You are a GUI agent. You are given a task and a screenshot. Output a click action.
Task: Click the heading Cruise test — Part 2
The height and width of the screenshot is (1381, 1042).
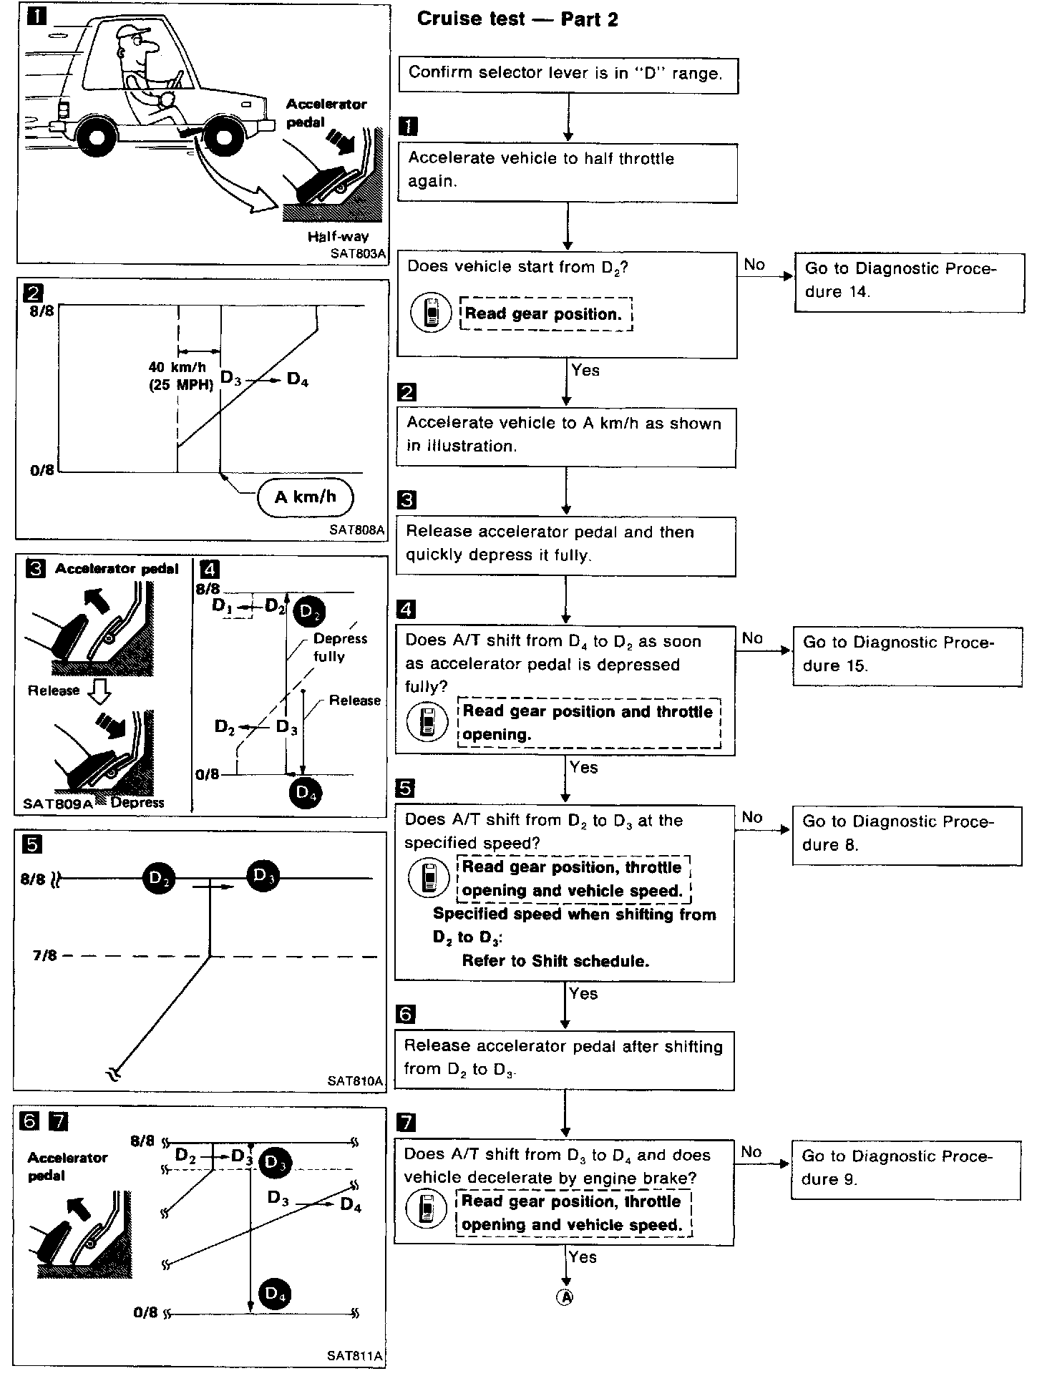pyautogui.click(x=517, y=19)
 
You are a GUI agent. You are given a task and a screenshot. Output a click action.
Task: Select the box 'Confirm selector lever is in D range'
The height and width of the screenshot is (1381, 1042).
pyautogui.click(x=568, y=74)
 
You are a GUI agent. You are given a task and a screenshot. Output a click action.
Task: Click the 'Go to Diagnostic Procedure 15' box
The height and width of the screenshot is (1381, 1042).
pyautogui.click(x=907, y=655)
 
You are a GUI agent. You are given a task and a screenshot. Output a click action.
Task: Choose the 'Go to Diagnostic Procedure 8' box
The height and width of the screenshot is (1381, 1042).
pyautogui.click(x=907, y=834)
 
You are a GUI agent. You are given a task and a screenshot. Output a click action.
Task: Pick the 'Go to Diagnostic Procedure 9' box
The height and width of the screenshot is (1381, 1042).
pyautogui.click(x=905, y=1168)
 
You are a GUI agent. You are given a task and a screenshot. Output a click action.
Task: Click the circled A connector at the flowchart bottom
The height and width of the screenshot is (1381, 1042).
pyautogui.click(x=565, y=1297)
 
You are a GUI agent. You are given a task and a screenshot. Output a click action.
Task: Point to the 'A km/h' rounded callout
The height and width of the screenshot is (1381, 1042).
pyautogui.click(x=306, y=497)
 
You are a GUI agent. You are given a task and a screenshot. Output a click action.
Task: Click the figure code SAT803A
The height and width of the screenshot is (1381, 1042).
pyautogui.click(x=358, y=253)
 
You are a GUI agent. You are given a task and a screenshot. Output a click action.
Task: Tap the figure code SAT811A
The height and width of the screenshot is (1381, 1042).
pyautogui.click(x=355, y=1356)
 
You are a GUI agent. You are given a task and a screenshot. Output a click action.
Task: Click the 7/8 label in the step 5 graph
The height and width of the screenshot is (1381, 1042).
pyautogui.click(x=44, y=955)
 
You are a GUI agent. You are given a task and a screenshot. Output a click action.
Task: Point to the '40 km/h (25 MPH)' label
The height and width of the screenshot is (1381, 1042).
pyautogui.click(x=181, y=376)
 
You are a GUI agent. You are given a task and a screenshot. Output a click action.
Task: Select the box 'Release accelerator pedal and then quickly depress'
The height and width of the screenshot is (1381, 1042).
pyautogui.click(x=565, y=544)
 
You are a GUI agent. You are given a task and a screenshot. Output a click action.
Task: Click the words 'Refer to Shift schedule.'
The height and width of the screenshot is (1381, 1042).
pyautogui.click(x=555, y=961)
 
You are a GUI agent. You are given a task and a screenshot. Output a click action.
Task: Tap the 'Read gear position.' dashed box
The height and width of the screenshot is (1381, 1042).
pyautogui.click(x=546, y=314)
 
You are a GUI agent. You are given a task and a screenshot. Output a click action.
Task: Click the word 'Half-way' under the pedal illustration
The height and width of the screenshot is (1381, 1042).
pyautogui.click(x=338, y=237)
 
